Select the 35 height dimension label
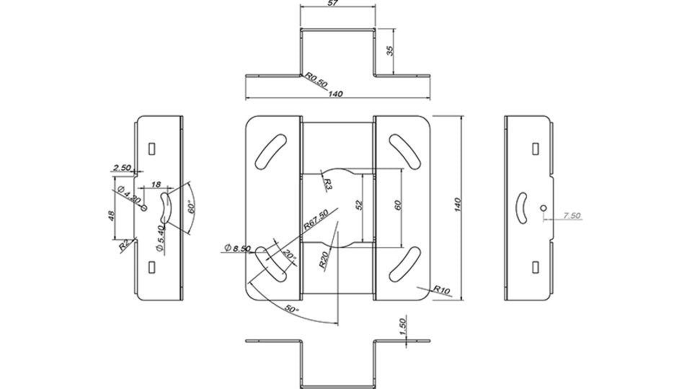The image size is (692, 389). (x=390, y=50)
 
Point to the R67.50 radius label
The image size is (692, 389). (x=316, y=220)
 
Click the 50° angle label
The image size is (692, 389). (x=292, y=309)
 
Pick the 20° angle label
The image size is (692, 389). (x=289, y=255)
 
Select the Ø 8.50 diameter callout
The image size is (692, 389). (x=237, y=248)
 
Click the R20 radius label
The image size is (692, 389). (x=324, y=259)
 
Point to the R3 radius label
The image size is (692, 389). (x=327, y=184)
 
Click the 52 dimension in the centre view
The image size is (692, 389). (x=359, y=205)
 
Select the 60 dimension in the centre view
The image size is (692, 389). (x=398, y=205)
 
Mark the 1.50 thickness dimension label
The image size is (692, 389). (x=403, y=326)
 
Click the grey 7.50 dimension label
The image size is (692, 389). (x=572, y=215)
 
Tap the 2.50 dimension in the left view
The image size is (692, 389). (x=122, y=167)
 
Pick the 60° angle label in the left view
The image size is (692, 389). (x=192, y=208)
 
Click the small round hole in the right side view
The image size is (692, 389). (x=544, y=208)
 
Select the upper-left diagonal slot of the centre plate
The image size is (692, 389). (x=271, y=152)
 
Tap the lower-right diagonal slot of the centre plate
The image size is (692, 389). (x=405, y=265)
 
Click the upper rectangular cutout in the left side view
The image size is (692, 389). (x=152, y=148)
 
